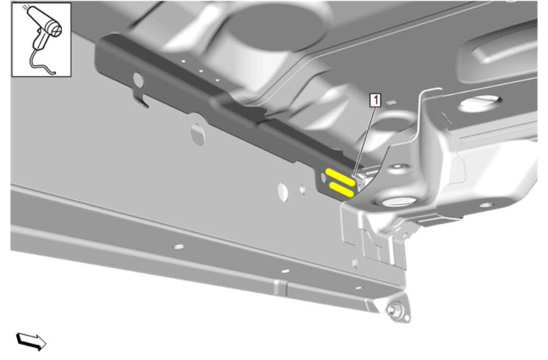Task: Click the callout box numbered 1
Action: (x=375, y=101)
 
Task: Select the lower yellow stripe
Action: (x=343, y=190)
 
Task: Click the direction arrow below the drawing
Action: (x=31, y=341)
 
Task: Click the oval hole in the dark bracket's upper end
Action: (x=139, y=81)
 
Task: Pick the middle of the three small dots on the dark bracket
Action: (x=201, y=71)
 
